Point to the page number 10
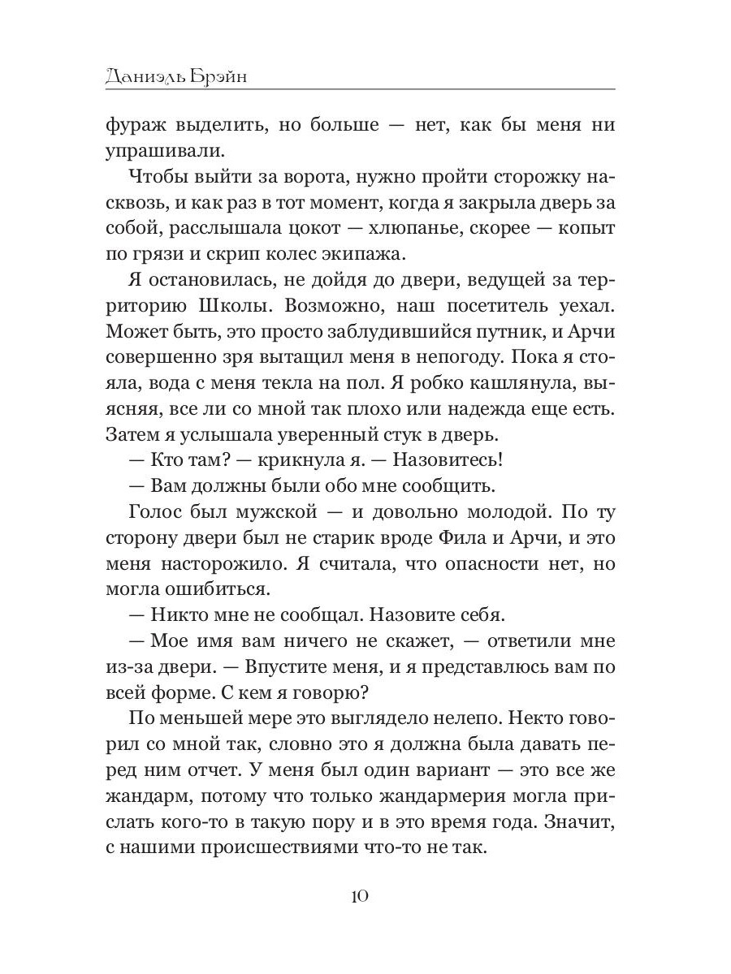(361, 896)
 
